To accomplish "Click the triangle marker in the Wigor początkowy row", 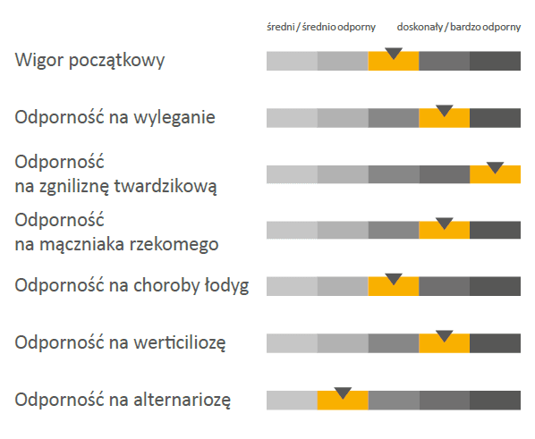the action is [394, 54].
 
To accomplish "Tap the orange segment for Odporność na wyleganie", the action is [445, 118].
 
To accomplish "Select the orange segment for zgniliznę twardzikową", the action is [495, 174].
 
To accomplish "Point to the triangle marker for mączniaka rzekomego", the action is [445, 224].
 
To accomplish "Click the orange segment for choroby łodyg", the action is [394, 286].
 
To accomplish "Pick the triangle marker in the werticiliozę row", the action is [445, 335].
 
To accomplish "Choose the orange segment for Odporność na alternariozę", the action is [343, 401].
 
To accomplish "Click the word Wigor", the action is [39, 61].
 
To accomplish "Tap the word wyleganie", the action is [174, 118].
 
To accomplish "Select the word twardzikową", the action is [166, 187].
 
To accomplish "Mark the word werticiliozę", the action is [180, 342].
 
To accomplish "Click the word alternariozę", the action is [182, 400].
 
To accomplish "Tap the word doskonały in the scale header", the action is [420, 27].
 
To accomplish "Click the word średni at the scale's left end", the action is [280, 27].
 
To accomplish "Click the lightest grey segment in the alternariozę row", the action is [292, 401].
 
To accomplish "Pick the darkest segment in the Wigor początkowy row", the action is [495, 61].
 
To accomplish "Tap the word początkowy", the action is [116, 62].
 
